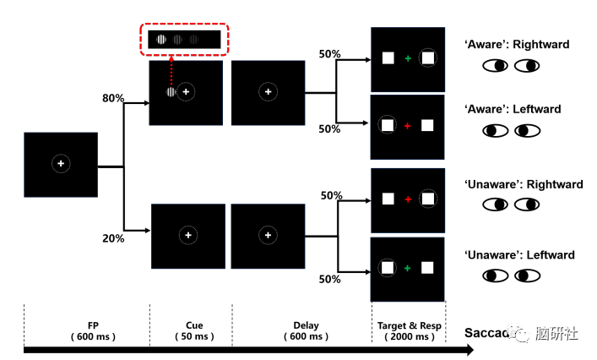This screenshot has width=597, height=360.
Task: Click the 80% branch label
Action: (x=113, y=98)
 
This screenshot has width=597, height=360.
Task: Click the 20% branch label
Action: (x=113, y=238)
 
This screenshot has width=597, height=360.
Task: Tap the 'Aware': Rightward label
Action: (x=517, y=44)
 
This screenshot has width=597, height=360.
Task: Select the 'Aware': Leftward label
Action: (x=513, y=109)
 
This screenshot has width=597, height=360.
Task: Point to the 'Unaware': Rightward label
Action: (x=519, y=183)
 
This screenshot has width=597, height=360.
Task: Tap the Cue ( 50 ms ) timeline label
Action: (x=194, y=330)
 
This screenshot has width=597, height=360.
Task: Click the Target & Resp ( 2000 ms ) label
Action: (x=407, y=330)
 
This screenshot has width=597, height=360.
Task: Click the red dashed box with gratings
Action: (x=185, y=39)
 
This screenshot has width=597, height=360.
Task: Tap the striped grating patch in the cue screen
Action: (x=171, y=92)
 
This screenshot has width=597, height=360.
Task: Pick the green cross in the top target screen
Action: (x=408, y=58)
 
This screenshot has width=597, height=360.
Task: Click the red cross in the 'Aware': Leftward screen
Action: (x=407, y=126)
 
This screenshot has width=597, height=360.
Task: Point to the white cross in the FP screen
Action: (x=61, y=163)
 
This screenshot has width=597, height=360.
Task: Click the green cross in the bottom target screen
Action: (x=407, y=269)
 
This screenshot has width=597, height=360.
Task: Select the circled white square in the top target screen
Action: (x=428, y=58)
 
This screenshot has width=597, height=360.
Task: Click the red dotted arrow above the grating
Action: (x=171, y=69)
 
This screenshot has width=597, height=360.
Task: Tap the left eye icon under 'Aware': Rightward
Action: (x=495, y=65)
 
